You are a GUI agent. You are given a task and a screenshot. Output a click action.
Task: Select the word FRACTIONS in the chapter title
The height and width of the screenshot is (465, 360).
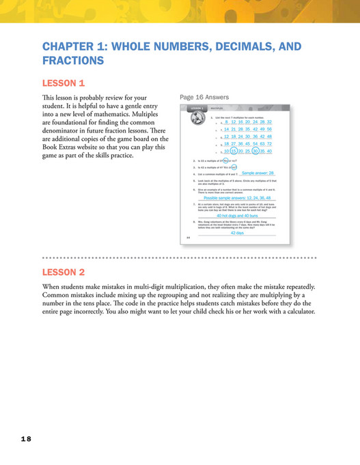pyautogui.click(x=73, y=61)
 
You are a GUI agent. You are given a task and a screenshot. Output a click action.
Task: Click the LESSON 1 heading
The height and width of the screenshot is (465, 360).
pyautogui.click(x=64, y=83)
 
